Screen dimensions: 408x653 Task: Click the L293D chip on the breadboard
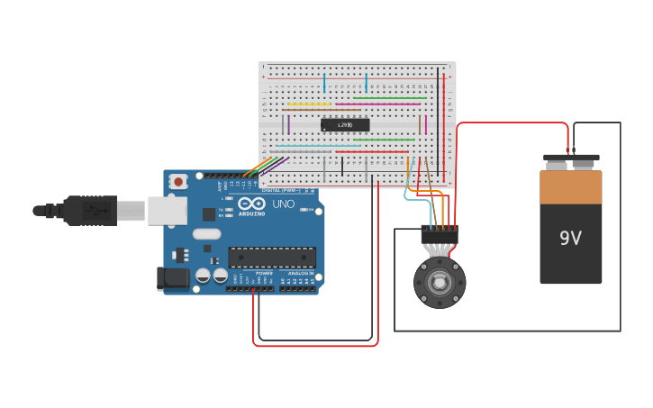[x=345, y=125]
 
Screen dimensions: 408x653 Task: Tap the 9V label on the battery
[x=570, y=239]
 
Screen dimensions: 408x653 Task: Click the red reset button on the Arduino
[x=178, y=181]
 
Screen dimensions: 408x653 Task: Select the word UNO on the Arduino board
[x=284, y=204]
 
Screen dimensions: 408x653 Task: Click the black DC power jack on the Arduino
[x=173, y=278]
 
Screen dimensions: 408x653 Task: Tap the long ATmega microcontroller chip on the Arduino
[x=272, y=258]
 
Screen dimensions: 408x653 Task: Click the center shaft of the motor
[x=440, y=283]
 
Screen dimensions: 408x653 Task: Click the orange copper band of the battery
[x=570, y=187]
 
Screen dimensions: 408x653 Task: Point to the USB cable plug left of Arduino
[x=90, y=211]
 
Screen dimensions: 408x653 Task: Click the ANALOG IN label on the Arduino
[x=300, y=273]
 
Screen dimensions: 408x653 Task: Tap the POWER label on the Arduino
[x=264, y=273]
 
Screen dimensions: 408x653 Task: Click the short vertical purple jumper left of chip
[x=288, y=124]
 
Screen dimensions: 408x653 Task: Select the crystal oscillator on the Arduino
[x=205, y=234]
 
